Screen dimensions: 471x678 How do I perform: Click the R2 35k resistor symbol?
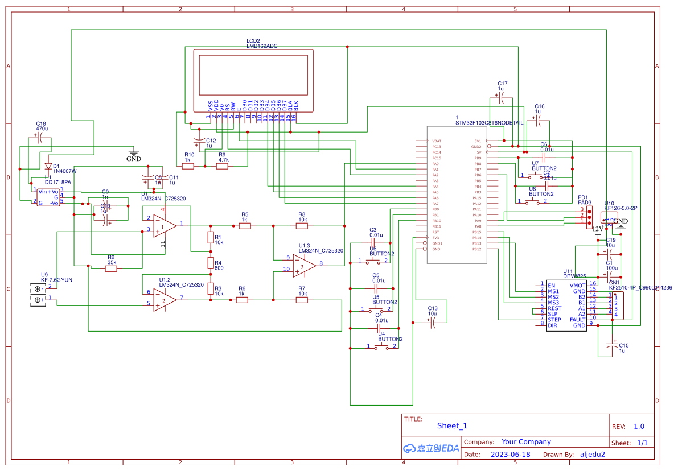click(x=111, y=268)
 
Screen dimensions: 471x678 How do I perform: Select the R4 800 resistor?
click(x=210, y=264)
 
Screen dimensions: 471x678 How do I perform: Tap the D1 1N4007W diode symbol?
click(x=48, y=167)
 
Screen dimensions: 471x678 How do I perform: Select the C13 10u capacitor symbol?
click(x=433, y=322)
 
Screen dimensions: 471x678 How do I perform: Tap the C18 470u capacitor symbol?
click(x=41, y=139)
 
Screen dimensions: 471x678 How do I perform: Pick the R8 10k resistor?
click(x=302, y=226)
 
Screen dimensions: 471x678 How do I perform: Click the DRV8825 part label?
click(x=574, y=276)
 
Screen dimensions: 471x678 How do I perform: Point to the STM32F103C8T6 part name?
click(x=489, y=123)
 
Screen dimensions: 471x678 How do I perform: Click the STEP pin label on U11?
click(x=554, y=320)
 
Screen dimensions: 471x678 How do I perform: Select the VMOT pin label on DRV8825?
click(x=577, y=286)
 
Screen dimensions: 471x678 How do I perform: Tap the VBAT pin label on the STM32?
click(x=437, y=141)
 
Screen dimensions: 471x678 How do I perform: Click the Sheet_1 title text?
click(x=452, y=425)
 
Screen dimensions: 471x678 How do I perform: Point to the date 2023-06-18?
click(x=509, y=454)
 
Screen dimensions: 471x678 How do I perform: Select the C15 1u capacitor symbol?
click(x=613, y=345)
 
